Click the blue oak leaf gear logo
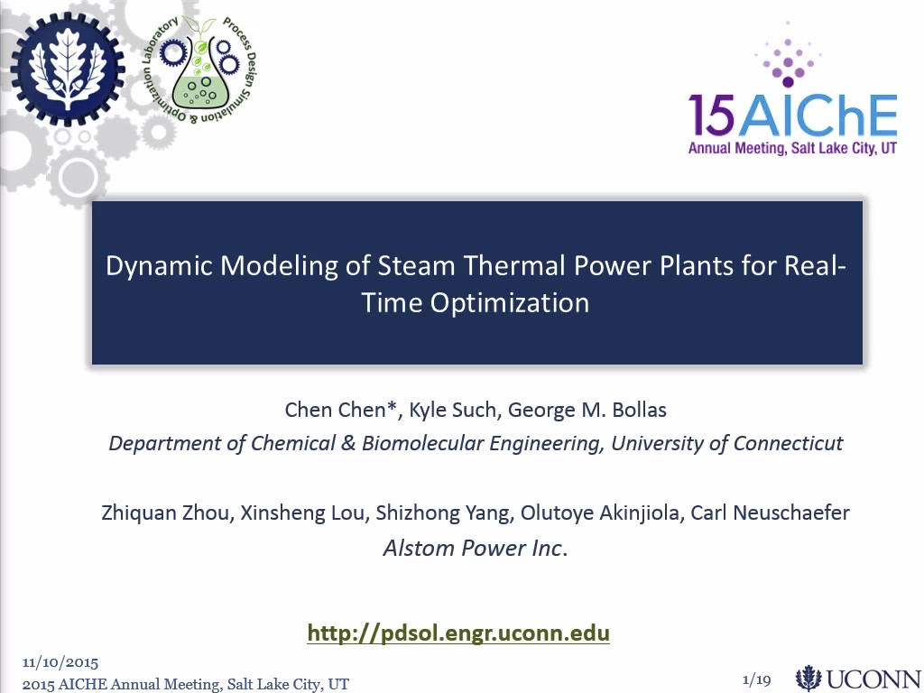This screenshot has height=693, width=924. tap(67, 69)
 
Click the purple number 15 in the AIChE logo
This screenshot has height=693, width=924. tap(712, 115)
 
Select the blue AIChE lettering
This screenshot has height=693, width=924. tap(818, 115)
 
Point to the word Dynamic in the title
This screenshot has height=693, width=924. tap(159, 266)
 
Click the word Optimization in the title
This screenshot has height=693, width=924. tap(510, 303)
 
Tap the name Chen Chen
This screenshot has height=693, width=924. tap(340, 410)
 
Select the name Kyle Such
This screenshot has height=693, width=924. tap(453, 410)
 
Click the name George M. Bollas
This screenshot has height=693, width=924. tap(587, 410)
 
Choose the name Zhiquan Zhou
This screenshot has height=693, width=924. tap(165, 513)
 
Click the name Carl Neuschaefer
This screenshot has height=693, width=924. tap(770, 513)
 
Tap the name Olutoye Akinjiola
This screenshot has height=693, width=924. tap(600, 513)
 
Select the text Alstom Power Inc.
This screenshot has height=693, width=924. tap(475, 548)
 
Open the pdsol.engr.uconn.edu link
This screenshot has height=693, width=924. tap(458, 633)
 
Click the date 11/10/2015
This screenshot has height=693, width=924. tap(60, 663)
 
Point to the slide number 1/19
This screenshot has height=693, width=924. tap(757, 680)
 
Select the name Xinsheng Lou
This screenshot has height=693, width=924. tap(302, 513)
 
